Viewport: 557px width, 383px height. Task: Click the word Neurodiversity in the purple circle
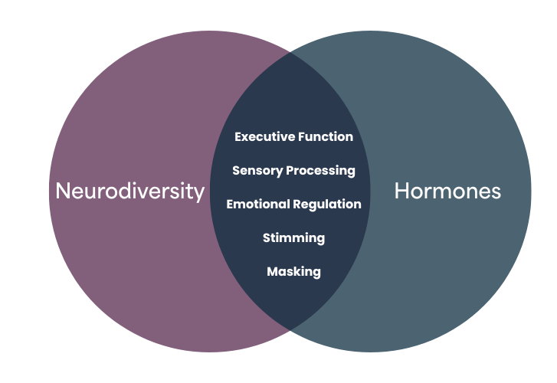tap(130, 191)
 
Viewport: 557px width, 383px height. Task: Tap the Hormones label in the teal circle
tap(447, 191)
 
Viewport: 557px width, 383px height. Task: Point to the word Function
tap(325, 137)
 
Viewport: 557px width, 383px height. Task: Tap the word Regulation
tap(327, 205)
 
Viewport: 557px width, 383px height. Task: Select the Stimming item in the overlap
tap(293, 238)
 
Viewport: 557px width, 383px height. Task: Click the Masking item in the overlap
tap(293, 272)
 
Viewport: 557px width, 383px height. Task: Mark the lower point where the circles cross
tap(290, 329)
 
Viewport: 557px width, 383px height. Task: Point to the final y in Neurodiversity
tap(200, 193)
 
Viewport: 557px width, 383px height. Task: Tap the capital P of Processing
tap(290, 171)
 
